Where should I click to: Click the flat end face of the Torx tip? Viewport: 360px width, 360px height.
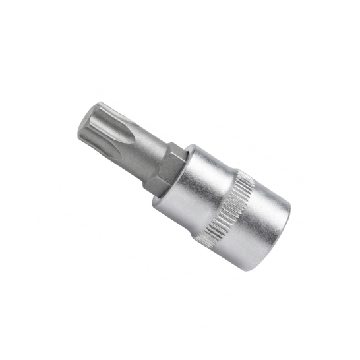[88, 121]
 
